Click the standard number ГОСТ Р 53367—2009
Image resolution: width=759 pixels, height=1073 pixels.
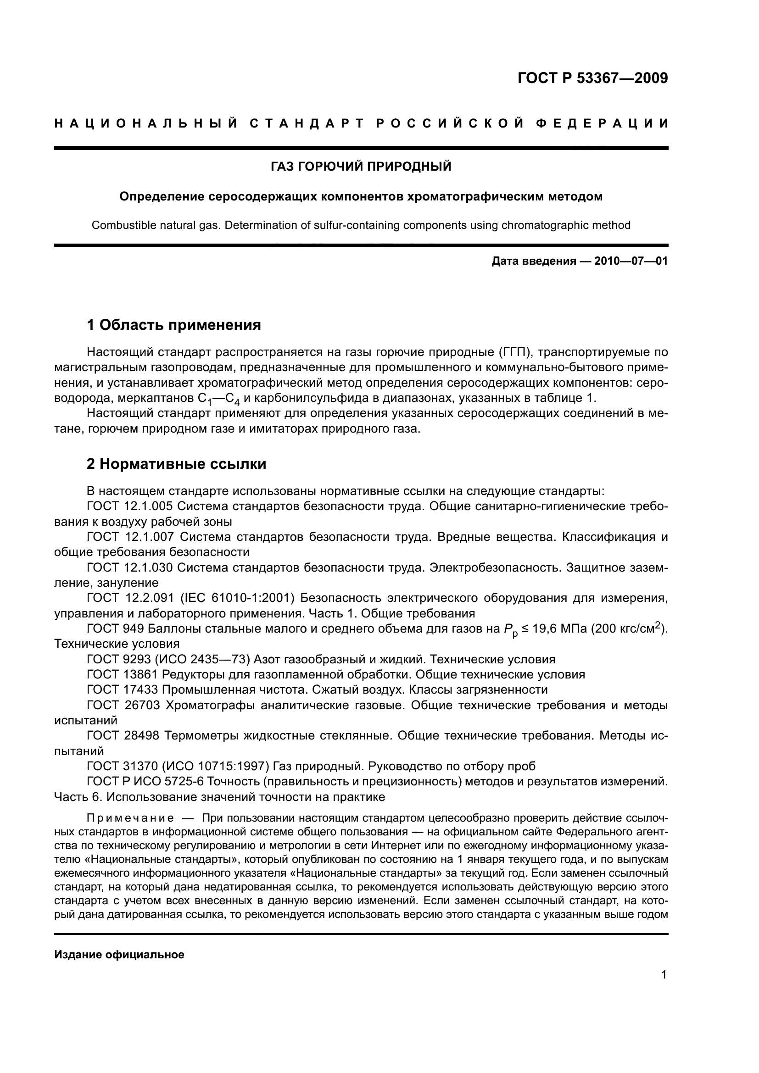[x=592, y=78]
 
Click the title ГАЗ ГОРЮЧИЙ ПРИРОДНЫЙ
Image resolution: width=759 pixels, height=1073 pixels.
[x=361, y=167]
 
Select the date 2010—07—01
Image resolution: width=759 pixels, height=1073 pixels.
[x=631, y=261]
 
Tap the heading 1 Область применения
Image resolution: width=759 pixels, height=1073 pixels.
[x=174, y=325]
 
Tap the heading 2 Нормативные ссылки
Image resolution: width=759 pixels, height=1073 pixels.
[x=177, y=464]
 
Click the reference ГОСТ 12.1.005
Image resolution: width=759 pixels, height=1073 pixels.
[x=129, y=506]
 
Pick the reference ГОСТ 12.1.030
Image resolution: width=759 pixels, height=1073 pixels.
[x=129, y=567]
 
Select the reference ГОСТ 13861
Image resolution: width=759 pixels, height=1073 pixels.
[x=122, y=674]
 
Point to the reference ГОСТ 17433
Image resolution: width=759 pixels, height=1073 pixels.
[x=122, y=690]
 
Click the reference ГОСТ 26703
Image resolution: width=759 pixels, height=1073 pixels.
[x=123, y=705]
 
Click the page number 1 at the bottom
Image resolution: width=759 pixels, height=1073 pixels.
[x=664, y=974]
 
